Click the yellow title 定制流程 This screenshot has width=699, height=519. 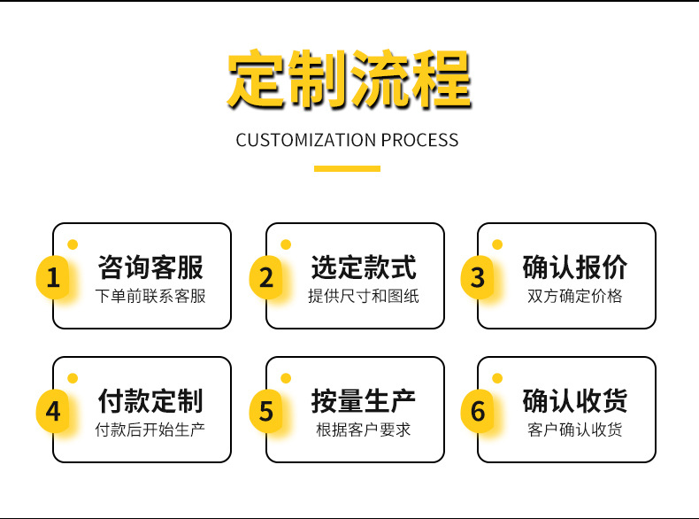tap(349, 79)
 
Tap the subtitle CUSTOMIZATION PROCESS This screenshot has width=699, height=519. tap(347, 140)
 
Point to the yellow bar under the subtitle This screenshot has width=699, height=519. tap(347, 168)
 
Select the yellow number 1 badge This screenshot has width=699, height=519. tap(53, 277)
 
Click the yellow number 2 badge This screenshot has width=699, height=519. tap(266, 277)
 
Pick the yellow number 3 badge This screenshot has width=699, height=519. tap(478, 277)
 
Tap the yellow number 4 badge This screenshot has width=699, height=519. tap(53, 411)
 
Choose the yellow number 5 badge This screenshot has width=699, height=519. tap(266, 411)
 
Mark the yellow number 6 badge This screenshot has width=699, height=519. tap(478, 411)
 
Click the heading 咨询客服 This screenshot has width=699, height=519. tap(150, 267)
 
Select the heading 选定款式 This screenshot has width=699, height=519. tap(364, 267)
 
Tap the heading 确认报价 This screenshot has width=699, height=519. tap(575, 267)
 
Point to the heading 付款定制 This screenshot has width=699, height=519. tap(150, 400)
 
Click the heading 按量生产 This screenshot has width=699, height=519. tap(364, 400)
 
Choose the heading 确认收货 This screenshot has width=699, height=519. tap(575, 400)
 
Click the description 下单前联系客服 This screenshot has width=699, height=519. tap(150, 297)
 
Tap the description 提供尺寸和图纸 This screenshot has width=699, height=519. tap(364, 297)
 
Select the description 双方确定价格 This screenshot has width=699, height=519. tap(575, 297)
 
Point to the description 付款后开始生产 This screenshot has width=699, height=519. tap(150, 430)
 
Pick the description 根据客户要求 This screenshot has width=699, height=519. tap(364, 430)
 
